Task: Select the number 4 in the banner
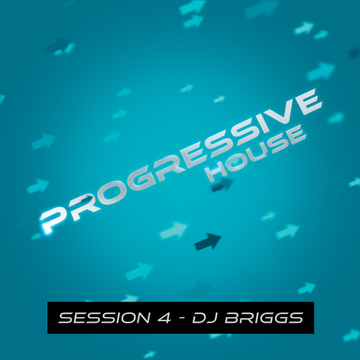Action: coord(163,319)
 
